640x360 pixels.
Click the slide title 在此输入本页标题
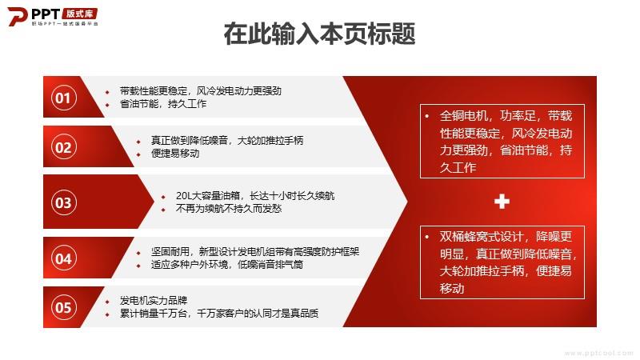319,34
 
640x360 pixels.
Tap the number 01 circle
63,98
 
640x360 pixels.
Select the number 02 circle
63,147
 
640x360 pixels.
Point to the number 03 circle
63,202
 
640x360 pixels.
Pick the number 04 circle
63,258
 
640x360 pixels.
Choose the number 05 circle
63,307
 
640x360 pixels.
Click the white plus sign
502,202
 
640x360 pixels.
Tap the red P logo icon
17,16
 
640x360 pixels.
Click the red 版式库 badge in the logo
80,14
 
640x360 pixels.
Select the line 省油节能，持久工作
163,104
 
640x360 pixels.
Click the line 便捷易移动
175,154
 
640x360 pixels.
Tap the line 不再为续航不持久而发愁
229,209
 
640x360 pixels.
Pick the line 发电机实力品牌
154,301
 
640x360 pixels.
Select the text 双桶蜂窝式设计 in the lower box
482,237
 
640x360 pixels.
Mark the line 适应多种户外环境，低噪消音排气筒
227,265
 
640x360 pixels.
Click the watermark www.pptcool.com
598,353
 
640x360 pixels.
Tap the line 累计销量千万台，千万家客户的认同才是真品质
218,314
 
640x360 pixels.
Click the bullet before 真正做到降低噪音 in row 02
138,142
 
